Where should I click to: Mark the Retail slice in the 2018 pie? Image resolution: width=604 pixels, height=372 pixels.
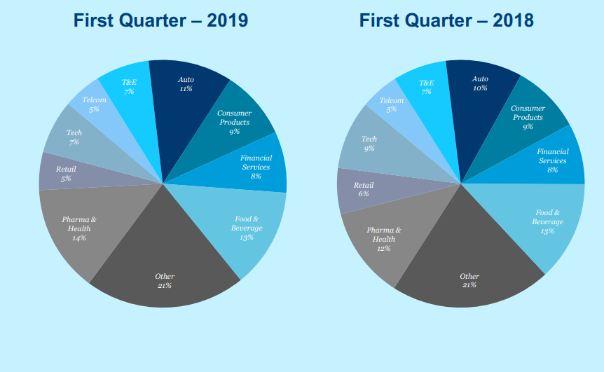363,189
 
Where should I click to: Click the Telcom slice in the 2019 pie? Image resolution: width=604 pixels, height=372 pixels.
93,105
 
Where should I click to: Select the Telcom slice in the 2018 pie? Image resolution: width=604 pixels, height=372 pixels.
391,105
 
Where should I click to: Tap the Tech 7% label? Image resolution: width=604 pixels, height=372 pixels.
74,137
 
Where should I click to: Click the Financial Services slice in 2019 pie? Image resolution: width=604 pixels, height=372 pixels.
255,167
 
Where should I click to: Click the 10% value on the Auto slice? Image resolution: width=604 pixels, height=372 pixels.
480,88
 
